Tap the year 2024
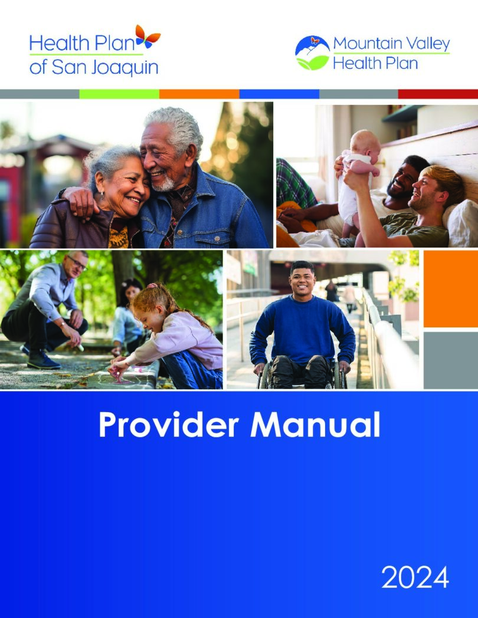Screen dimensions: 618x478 click(415, 578)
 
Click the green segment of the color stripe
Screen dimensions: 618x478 click(119, 94)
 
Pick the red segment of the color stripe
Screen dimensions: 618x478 click(438, 94)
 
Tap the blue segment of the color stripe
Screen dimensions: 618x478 click(279, 94)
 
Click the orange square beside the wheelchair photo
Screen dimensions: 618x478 click(450, 288)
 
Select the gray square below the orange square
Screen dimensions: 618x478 click(450, 360)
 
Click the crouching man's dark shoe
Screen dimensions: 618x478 click(42, 359)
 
